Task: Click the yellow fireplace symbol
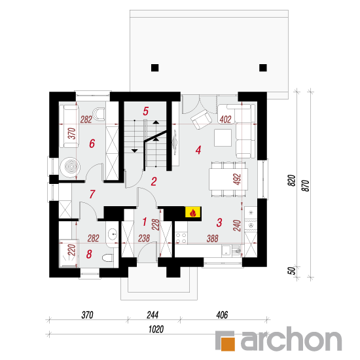tap(193, 212)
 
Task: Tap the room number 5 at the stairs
tap(146, 111)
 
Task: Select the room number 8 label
tap(89, 254)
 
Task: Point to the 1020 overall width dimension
tap(156, 329)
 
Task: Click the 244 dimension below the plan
tap(153, 315)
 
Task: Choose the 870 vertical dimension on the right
tap(306, 186)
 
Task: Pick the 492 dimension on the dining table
tap(237, 179)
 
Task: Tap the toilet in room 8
tap(108, 258)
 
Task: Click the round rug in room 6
tap(70, 167)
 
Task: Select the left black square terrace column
tap(154, 68)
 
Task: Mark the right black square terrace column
tap(263, 68)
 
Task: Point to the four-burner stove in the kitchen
tap(181, 238)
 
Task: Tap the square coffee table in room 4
tap(223, 137)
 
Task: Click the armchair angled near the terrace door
tap(201, 120)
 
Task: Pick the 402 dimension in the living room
tap(225, 119)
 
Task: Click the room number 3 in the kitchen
tap(219, 223)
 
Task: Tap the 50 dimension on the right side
tap(291, 271)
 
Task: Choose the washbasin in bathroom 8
tap(113, 234)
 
